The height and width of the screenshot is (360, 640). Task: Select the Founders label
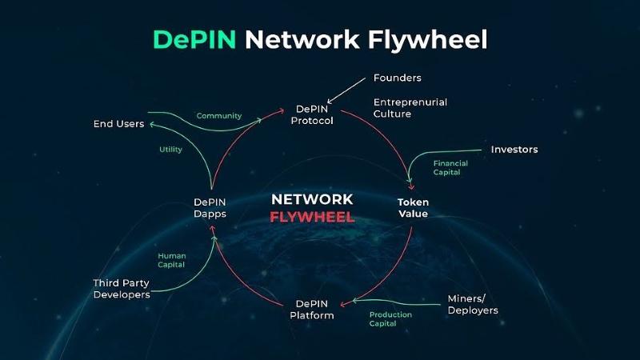(x=397, y=78)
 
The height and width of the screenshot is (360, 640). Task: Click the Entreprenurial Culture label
(x=410, y=108)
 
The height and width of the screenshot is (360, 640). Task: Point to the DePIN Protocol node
(x=314, y=114)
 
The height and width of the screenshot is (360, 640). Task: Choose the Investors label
(x=514, y=150)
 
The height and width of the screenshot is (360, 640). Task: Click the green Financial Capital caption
(x=450, y=167)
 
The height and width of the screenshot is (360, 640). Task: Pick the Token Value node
(x=413, y=208)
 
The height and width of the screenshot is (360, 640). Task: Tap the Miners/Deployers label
(x=472, y=305)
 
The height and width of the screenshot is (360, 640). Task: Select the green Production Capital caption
(x=390, y=319)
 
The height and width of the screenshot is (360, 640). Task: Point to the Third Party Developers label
(x=121, y=289)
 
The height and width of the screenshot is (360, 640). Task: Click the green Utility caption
(x=170, y=150)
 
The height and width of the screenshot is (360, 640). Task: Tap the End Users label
(x=118, y=124)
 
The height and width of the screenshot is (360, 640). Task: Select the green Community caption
(x=218, y=116)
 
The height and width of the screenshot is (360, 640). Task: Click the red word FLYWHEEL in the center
(x=312, y=217)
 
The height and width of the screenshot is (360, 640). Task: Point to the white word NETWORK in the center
(x=312, y=199)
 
